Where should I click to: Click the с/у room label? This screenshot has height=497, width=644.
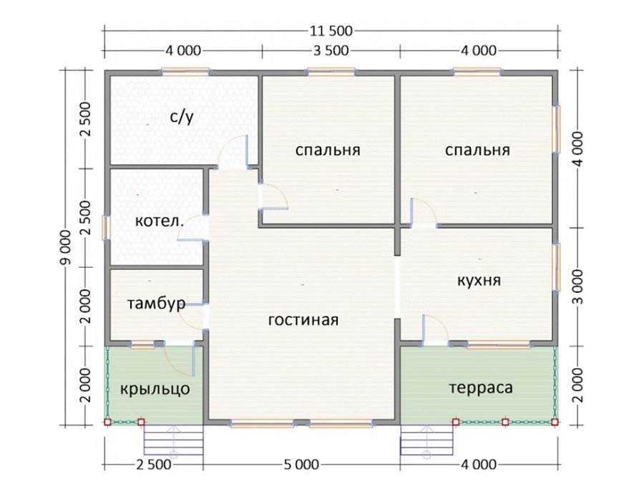181,117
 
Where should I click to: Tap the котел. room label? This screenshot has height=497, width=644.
160,221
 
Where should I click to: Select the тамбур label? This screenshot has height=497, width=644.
156,304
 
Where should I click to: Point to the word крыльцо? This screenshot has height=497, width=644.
155,389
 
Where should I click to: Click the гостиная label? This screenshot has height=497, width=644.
303,320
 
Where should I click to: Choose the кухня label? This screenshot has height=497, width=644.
479,281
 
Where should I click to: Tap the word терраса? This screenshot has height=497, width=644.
481,387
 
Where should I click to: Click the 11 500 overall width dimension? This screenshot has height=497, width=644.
331,31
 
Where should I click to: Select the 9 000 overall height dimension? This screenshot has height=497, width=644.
66,248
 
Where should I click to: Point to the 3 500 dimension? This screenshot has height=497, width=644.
331,51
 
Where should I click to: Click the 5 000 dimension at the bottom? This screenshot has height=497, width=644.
301,465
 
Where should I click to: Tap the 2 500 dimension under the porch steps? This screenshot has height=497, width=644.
154,465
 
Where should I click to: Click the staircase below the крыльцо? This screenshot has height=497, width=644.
173,440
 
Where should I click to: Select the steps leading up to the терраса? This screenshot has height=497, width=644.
426,440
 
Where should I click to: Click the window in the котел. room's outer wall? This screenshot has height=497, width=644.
107,227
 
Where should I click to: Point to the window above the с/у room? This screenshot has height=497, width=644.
185,72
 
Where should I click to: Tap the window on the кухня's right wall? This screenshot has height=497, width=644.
557,267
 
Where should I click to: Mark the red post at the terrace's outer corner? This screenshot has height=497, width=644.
555,422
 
